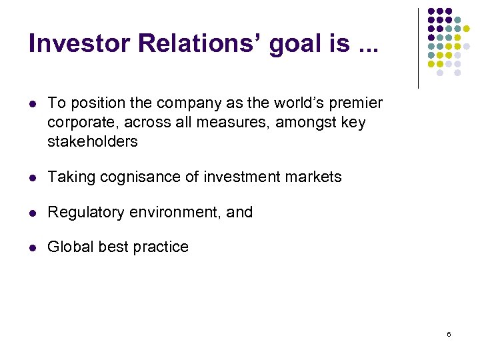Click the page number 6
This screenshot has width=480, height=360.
(x=449, y=333)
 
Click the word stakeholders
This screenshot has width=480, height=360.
(x=93, y=141)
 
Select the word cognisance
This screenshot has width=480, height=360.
(x=134, y=177)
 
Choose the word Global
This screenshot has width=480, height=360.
(x=70, y=247)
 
